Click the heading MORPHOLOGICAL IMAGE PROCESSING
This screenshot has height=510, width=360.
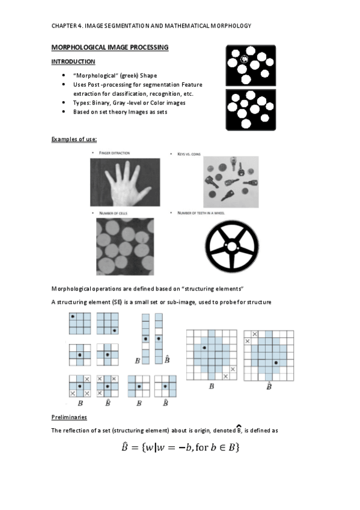tap(110, 48)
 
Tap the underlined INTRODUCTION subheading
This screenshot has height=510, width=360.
tap(73, 62)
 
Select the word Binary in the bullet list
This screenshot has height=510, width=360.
tap(101, 103)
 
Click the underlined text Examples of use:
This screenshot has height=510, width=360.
tap(74, 139)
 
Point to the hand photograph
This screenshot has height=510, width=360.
tap(125, 182)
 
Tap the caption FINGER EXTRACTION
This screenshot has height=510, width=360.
tap(114, 153)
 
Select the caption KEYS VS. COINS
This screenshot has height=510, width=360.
tap(189, 154)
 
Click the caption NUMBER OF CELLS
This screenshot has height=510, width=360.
tap(114, 214)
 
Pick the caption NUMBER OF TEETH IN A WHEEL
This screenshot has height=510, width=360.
tap(201, 213)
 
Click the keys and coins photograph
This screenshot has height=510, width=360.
tap(231, 182)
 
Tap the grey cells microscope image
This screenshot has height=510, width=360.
tap(125, 247)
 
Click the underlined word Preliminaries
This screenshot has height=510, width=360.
tap(69, 417)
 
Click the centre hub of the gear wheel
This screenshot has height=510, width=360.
tap(231, 247)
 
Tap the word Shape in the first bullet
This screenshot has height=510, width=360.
tap(148, 75)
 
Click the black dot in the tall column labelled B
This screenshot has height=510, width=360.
tap(146, 339)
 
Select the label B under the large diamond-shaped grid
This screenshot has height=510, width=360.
tap(212, 386)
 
